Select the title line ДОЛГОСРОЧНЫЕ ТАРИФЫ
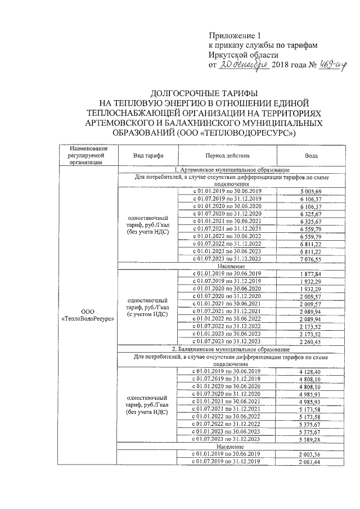tap(204, 93)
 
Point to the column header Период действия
tap(227, 155)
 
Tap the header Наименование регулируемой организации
tap(87, 155)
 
